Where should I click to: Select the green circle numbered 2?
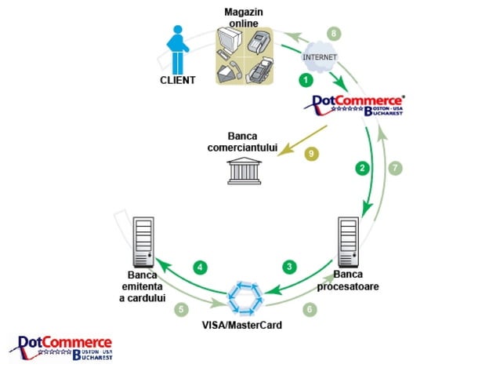(x=361, y=167)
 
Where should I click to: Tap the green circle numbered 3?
(x=289, y=267)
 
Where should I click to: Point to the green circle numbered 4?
(x=201, y=268)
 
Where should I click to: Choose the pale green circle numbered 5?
(x=181, y=309)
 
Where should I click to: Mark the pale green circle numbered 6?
(x=310, y=309)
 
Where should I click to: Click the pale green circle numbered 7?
(x=397, y=167)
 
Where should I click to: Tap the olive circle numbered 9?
(x=311, y=154)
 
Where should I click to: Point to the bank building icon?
(x=245, y=171)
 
